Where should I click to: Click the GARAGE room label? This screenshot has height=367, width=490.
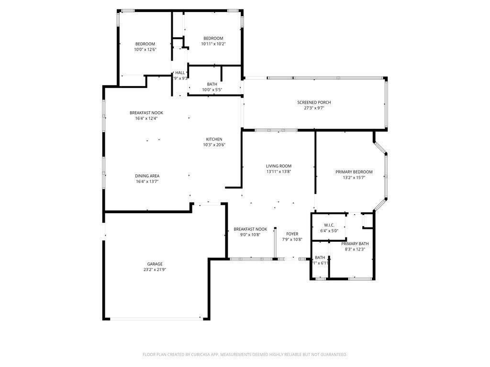155,264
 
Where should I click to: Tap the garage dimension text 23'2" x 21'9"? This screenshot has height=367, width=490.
155,270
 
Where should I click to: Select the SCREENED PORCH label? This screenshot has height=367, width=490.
314,102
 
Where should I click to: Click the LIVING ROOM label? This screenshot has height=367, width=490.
278,166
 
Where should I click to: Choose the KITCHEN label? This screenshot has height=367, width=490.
214,139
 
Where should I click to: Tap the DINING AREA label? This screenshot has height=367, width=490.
147,176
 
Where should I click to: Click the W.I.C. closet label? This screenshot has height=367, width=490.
329,225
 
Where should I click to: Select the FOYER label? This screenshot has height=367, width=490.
292,234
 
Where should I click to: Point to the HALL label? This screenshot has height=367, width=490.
180,73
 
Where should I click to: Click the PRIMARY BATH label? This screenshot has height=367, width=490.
355,244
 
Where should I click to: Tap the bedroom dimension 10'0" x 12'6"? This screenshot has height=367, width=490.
145,49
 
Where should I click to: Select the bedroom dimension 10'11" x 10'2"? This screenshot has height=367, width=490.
213,44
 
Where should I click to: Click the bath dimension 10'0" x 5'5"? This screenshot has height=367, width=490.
212,89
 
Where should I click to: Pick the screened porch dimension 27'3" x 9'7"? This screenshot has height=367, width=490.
314,108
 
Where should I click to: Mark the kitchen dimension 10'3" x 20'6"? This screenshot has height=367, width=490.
214,145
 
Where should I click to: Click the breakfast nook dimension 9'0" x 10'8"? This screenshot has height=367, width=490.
250,235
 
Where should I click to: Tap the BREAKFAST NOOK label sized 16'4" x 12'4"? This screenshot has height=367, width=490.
146,113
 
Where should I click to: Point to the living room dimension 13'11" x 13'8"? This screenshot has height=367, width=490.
278,172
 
